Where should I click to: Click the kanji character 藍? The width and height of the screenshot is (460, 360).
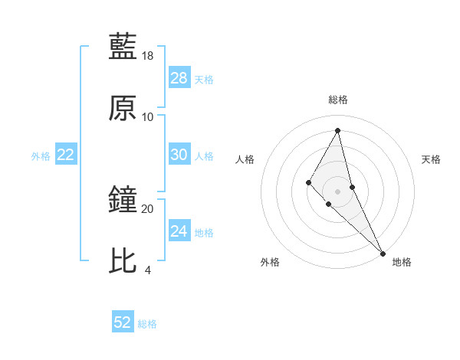123,46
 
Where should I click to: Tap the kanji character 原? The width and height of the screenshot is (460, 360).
123,108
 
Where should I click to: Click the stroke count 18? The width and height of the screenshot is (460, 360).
148,56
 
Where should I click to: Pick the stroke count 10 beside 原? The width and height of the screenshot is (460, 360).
148,117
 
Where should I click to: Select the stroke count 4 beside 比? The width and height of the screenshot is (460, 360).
148,270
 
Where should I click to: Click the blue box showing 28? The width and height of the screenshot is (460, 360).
179,78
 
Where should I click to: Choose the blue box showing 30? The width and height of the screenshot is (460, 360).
179,155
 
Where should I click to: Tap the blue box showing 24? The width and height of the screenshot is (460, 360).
179,231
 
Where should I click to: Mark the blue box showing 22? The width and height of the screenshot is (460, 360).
66,155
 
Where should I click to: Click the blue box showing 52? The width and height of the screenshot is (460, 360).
123,322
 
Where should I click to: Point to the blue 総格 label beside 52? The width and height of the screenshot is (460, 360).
147,324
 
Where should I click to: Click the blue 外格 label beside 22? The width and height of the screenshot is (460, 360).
41,156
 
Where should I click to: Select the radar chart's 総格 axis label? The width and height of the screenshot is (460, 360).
338,100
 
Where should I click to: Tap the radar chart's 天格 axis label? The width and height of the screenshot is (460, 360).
432,159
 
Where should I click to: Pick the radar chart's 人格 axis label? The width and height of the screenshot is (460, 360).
245,159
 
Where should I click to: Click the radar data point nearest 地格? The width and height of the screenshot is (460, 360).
382,253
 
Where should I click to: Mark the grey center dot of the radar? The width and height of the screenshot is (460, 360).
338,191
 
